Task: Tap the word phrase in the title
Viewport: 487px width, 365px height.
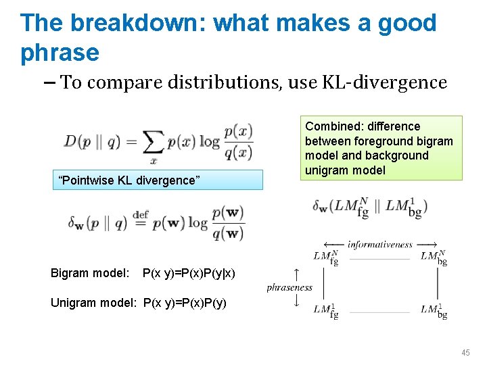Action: pyautogui.click(x=60, y=52)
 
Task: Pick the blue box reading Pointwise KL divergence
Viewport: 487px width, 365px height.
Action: pyautogui.click(x=157, y=180)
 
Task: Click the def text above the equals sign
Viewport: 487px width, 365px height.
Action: pyautogui.click(x=140, y=215)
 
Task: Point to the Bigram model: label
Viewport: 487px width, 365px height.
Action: pyautogui.click(x=89, y=273)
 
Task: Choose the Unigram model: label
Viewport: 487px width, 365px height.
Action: pyautogui.click(x=95, y=303)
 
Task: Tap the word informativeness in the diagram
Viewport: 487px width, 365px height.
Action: pyautogui.click(x=379, y=244)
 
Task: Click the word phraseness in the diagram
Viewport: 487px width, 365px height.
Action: pyautogui.click(x=289, y=287)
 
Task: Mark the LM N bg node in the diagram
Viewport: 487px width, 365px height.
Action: pyautogui.click(x=433, y=257)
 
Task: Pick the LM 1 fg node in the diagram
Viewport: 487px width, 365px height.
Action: pyautogui.click(x=325, y=310)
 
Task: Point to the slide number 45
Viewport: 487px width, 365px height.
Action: pyautogui.click(x=466, y=353)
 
